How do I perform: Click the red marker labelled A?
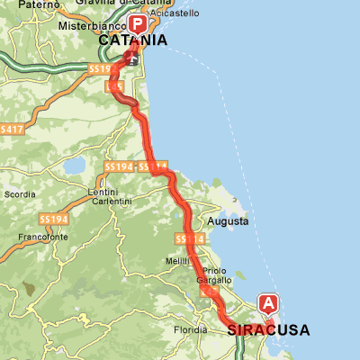[x=268, y=304]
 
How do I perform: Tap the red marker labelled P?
[x=137, y=24]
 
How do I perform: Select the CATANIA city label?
[x=133, y=40]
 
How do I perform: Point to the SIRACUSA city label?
[x=268, y=330]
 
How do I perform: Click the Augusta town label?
[x=227, y=220]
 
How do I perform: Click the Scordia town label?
[x=20, y=193]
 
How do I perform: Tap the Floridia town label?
[x=190, y=330]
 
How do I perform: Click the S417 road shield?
[x=11, y=130]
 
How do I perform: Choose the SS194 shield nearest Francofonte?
[x=54, y=220]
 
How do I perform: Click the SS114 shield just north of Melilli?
[x=191, y=238]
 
